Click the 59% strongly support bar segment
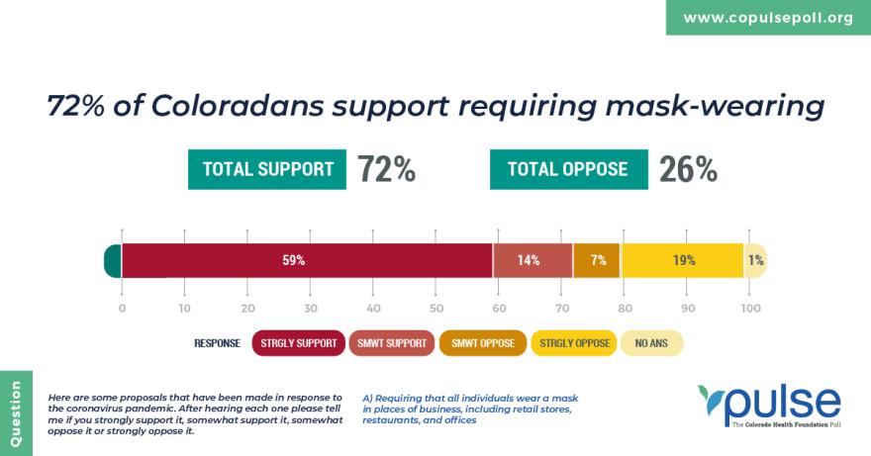tap(307, 260)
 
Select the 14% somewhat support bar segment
tap(532, 260)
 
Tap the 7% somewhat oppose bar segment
tap(597, 260)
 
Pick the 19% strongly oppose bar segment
tap(682, 260)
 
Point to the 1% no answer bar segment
tap(755, 260)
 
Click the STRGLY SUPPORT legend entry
tap(299, 343)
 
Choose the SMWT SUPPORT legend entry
tap(391, 343)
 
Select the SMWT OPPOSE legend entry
tap(483, 343)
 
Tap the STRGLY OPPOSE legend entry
tap(574, 343)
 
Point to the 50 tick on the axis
tap(436, 309)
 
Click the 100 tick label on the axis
tap(750, 309)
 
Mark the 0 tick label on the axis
tap(122, 309)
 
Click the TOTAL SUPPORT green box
tap(267, 169)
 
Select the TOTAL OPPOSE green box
tap(568, 169)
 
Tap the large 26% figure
tap(688, 169)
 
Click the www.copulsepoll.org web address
tap(768, 18)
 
